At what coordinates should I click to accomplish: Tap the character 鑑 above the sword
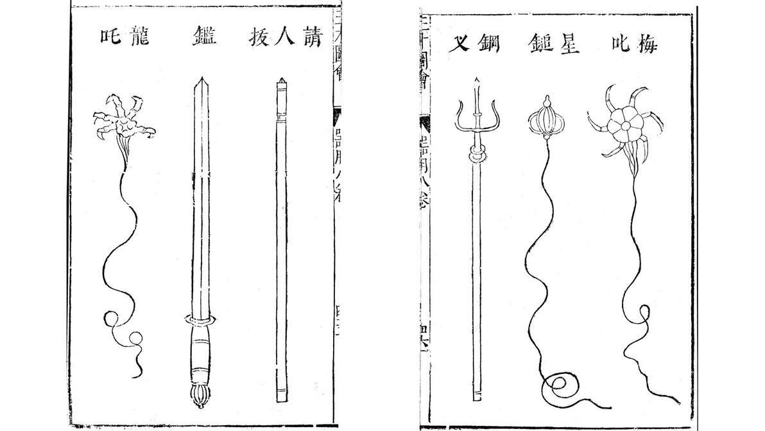click(x=203, y=37)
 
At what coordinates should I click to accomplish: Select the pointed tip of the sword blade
click(x=201, y=82)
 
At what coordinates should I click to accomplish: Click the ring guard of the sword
click(x=200, y=319)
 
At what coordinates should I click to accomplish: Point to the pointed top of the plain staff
click(x=280, y=81)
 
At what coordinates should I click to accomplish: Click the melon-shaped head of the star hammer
click(x=545, y=119)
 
